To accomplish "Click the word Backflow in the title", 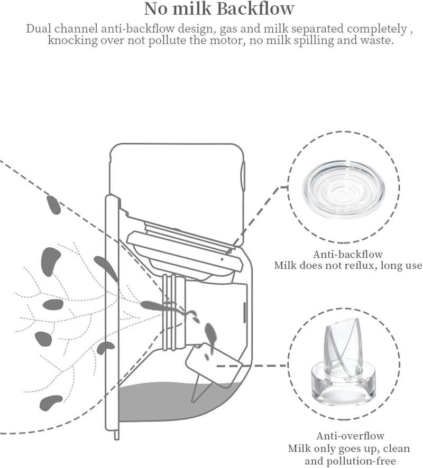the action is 256,9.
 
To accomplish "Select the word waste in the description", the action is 376,40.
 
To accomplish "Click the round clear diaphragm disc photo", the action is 344,190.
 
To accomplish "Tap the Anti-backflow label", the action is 348,254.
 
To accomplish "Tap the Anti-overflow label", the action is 350,436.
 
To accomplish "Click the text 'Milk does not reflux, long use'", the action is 348,265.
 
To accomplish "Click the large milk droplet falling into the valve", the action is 210,333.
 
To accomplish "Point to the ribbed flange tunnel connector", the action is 173,312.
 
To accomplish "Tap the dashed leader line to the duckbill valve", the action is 252,366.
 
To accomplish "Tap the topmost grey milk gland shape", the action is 54,205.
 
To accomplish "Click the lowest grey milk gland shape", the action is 51,402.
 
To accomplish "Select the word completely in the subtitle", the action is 376,29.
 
